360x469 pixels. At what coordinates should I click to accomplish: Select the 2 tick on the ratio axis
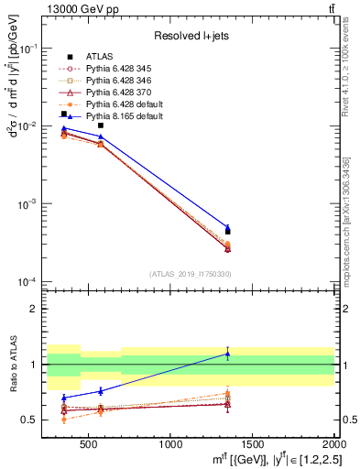click(36, 309)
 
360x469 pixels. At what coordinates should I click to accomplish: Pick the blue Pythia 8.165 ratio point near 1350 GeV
click(228, 354)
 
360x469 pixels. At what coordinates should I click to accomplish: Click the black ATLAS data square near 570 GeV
click(101, 125)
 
